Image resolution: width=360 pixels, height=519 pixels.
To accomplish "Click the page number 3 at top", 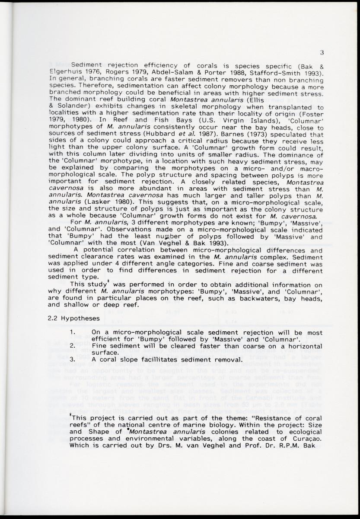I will (x=322, y=53).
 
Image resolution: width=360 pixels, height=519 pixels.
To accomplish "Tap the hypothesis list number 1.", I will (x=73, y=333).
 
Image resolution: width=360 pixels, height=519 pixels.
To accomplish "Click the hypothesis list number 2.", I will (x=73, y=346).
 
